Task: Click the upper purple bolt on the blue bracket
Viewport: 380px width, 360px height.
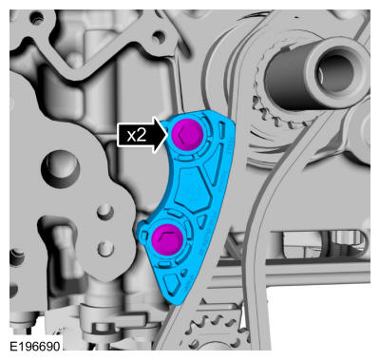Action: pyautogui.click(x=187, y=134)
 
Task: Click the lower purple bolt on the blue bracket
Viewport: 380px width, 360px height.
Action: pyautogui.click(x=167, y=239)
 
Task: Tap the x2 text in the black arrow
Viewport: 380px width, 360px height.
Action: pyautogui.click(x=137, y=136)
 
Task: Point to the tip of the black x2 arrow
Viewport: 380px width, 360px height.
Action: pyautogui.click(x=167, y=135)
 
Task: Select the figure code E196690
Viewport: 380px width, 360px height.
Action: pyautogui.click(x=35, y=347)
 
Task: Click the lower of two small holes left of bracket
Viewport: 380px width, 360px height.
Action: pyautogui.click(x=105, y=248)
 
